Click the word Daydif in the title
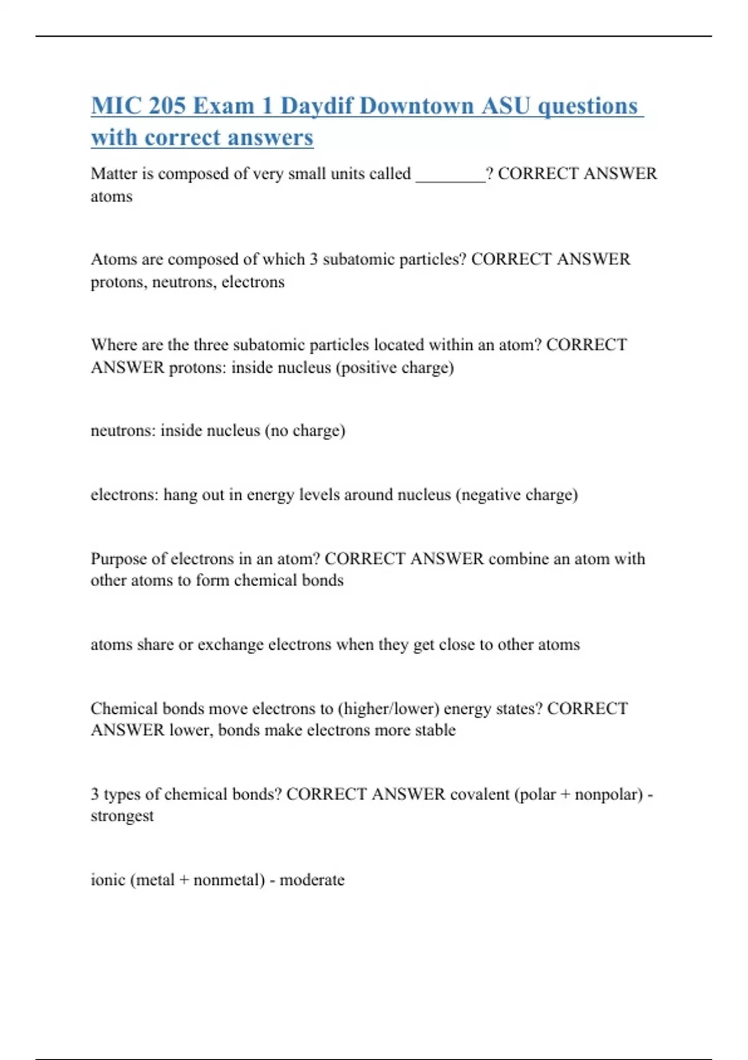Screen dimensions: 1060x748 (316, 106)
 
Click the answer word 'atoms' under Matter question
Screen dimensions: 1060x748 (112, 196)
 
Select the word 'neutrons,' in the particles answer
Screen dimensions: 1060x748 (185, 282)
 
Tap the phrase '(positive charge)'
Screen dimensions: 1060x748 (395, 367)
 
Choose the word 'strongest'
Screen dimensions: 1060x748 (122, 816)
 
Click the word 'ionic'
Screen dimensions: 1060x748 (108, 880)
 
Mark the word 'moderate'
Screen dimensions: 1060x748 (312, 880)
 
